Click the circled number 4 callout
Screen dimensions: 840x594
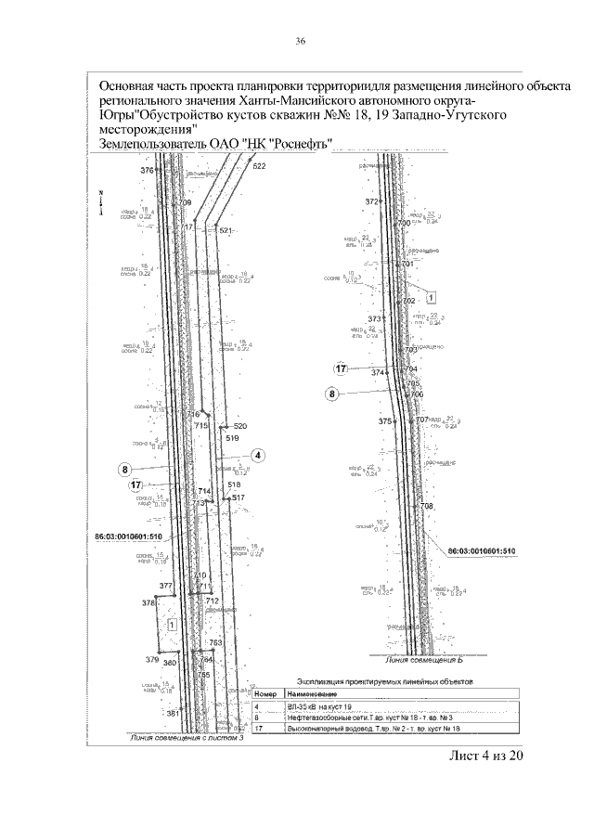click(x=258, y=455)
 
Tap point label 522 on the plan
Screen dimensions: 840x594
click(x=259, y=166)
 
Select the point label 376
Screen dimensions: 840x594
click(x=147, y=172)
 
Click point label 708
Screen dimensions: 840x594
click(x=427, y=506)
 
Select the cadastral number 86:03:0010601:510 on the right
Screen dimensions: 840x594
click(x=481, y=551)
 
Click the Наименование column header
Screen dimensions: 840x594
click(x=313, y=693)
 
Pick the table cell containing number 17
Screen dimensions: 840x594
click(x=260, y=730)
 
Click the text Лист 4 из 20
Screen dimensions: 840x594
click(x=487, y=756)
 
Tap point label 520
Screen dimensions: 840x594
click(x=240, y=425)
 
